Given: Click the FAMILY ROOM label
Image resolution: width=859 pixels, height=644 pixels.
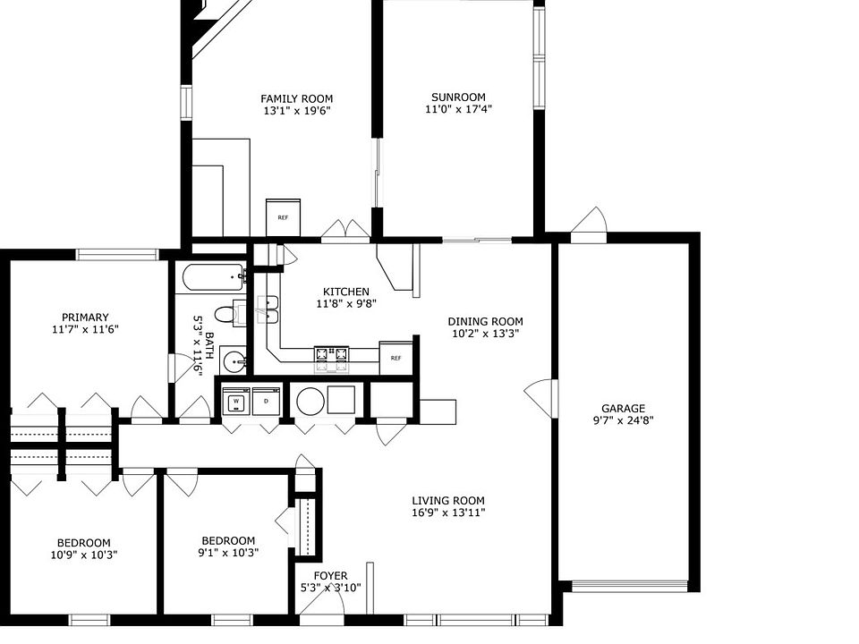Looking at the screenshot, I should point(297,98).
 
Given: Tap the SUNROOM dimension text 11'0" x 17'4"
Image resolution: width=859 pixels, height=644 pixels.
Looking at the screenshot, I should point(458,108).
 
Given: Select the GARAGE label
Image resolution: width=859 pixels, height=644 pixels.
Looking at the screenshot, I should point(623,408).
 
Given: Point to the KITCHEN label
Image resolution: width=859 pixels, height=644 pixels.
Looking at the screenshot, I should point(346,292).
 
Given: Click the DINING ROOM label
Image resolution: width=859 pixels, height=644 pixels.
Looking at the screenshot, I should point(485,322).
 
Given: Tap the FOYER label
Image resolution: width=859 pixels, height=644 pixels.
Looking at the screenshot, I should point(330,576).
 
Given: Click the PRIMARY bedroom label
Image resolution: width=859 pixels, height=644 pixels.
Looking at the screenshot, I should point(85,317).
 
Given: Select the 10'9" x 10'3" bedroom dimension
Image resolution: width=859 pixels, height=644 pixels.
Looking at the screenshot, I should point(83,555).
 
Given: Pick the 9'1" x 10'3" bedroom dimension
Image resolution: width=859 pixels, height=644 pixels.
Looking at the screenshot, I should point(227,553).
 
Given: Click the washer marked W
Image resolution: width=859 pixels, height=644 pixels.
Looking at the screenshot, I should point(236,402).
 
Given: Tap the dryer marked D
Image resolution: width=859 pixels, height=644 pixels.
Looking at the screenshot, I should point(266,402).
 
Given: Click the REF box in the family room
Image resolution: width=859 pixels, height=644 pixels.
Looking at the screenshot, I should point(284,217).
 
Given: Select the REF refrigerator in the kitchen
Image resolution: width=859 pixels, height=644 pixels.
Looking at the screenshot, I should point(395,358).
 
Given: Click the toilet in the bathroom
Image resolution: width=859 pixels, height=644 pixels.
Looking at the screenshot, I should point(228,314).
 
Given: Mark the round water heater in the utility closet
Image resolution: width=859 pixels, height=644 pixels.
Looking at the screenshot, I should point(310,401).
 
